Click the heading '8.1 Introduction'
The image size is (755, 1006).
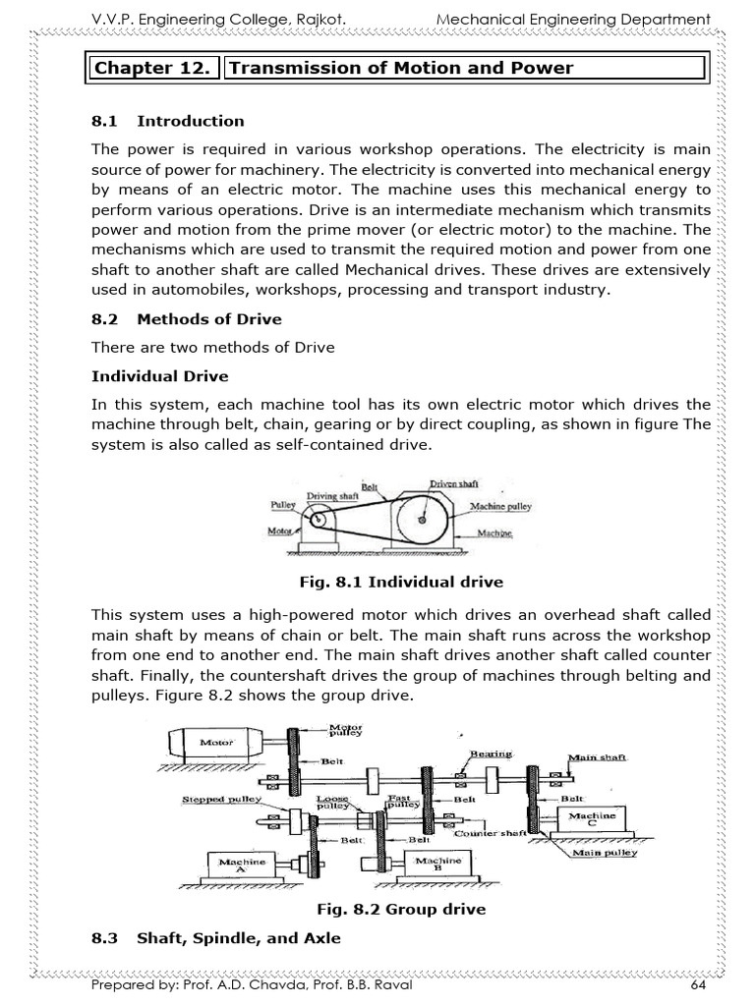coord(167,121)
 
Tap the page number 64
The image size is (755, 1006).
coord(699,985)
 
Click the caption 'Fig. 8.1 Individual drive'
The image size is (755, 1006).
coord(401,583)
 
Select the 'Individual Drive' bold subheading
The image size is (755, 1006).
coord(159,376)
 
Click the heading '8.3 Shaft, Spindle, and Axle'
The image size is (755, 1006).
coord(215,938)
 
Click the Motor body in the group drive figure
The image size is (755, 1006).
coord(215,743)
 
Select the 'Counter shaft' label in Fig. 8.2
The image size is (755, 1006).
coord(492,832)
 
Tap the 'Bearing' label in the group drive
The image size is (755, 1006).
coord(491,754)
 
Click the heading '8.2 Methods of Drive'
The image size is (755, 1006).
coord(186,318)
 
